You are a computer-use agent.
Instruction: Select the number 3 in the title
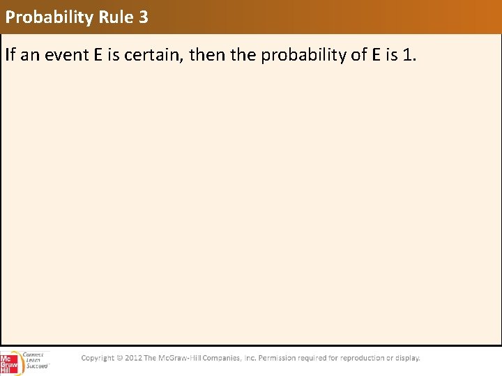pos(144,17)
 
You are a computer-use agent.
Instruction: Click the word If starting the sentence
pos(10,55)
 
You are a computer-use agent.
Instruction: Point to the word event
pos(66,55)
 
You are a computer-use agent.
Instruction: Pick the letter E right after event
pos(97,55)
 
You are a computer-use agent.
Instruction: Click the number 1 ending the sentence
pos(408,55)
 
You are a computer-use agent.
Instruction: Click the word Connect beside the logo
pos(33,354)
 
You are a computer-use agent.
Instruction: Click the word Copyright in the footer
pos(98,358)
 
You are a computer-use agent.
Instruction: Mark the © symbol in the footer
pos(119,358)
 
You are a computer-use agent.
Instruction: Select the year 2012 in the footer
pos(133,358)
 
